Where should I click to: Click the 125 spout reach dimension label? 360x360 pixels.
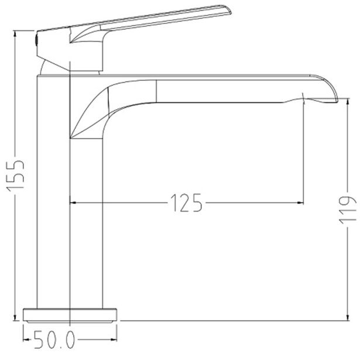coord(186,203)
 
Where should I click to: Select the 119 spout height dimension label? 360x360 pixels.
coord(348,210)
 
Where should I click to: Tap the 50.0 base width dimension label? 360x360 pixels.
coord(54,340)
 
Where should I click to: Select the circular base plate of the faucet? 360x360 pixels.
coord(70,316)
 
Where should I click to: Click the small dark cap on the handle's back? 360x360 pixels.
coord(36,40)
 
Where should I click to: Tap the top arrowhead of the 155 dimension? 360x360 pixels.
coord(15,34)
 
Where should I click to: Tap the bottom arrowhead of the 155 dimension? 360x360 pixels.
coord(15,317)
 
